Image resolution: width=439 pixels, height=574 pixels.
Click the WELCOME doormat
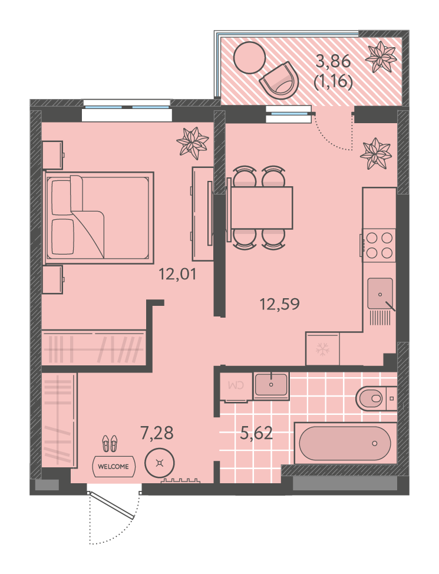click(x=114, y=466)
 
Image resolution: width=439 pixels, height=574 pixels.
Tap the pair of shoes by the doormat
click(x=110, y=443)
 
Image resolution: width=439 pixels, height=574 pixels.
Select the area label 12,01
click(x=177, y=274)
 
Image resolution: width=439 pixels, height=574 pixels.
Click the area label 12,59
click(x=279, y=304)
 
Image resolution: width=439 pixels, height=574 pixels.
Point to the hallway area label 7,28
click(x=157, y=433)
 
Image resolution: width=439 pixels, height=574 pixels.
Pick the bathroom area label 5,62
click(x=256, y=433)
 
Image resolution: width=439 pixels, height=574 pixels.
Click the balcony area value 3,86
click(x=333, y=61)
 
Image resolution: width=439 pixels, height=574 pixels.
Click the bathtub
click(x=345, y=443)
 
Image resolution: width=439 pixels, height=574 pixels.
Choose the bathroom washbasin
click(x=271, y=385)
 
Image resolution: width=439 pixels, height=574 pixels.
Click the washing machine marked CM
click(x=236, y=386)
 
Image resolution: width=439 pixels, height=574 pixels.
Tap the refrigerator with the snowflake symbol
click(x=322, y=348)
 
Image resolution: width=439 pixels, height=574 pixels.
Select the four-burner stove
click(x=379, y=245)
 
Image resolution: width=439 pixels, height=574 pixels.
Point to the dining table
click(x=262, y=207)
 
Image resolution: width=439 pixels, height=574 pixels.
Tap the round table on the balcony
click(x=249, y=58)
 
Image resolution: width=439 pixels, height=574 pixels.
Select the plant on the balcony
click(x=381, y=57)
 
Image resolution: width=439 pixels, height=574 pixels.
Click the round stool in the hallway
click(x=160, y=463)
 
